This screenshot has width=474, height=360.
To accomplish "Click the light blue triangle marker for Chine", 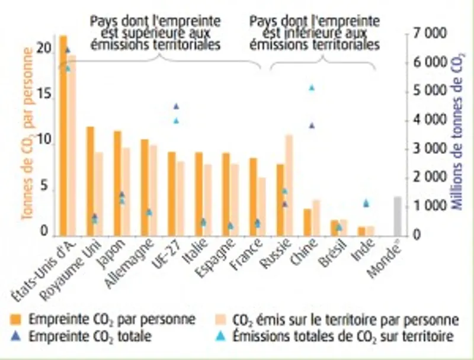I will click(312, 88).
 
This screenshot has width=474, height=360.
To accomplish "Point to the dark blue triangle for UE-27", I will click(176, 107).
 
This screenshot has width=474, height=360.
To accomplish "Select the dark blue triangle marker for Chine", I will click(312, 126).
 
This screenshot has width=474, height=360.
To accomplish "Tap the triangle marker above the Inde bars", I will click(366, 203).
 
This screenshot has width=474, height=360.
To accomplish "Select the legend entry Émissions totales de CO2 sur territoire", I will click(344, 336).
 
